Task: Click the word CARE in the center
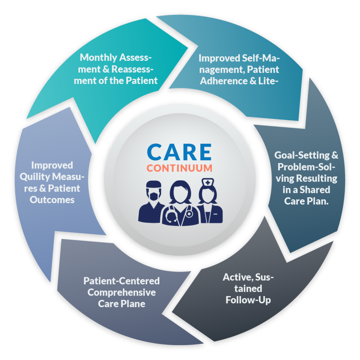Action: click(x=179, y=152)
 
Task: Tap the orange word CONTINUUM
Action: click(x=179, y=168)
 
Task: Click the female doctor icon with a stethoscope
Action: click(x=180, y=204)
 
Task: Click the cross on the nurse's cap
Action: click(x=209, y=182)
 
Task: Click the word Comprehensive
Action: click(x=122, y=292)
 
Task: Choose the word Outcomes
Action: click(x=52, y=200)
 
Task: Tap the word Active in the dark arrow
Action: click(x=236, y=277)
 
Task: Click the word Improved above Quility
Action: click(x=52, y=165)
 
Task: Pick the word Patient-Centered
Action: click(x=122, y=281)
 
